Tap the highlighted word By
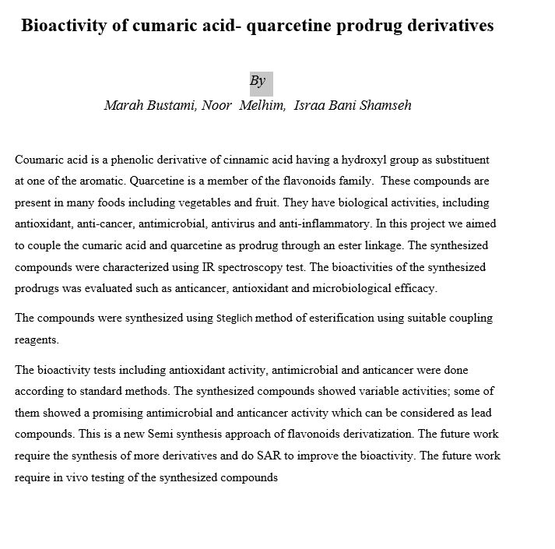258,81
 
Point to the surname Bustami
171,106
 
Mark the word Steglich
234,318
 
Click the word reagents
37,340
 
